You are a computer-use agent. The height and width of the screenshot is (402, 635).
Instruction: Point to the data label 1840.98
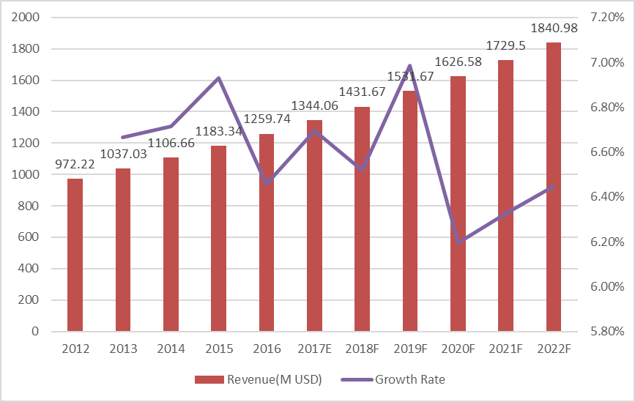pos(553,29)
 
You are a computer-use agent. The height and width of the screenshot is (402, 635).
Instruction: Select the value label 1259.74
pos(267,118)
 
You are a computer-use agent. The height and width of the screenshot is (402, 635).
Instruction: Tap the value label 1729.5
pos(505,45)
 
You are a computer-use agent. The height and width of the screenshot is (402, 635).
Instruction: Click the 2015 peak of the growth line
pos(218,78)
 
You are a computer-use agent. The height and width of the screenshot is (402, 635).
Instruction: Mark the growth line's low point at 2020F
pos(458,242)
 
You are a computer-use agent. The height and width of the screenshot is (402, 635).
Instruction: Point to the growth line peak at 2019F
pos(410,66)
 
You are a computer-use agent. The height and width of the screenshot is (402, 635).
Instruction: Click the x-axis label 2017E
pos(314,349)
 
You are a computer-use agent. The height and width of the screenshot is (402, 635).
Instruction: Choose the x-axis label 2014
pos(171,349)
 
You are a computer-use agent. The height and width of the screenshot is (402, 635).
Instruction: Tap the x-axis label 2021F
pos(505,349)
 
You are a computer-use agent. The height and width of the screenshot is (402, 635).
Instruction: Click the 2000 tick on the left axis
pos(25,18)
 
